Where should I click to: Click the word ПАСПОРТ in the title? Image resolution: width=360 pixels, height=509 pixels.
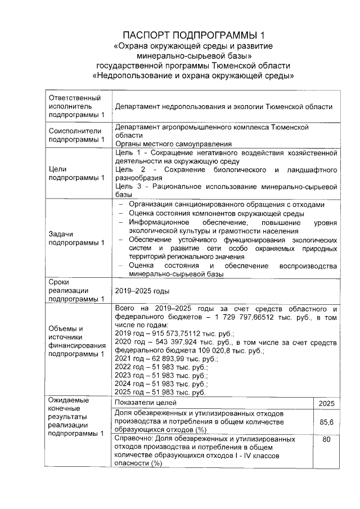tap(147, 35)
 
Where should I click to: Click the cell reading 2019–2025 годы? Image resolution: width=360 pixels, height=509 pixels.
tap(142, 291)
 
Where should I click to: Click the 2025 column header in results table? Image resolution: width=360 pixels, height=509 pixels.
tap(326, 403)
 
